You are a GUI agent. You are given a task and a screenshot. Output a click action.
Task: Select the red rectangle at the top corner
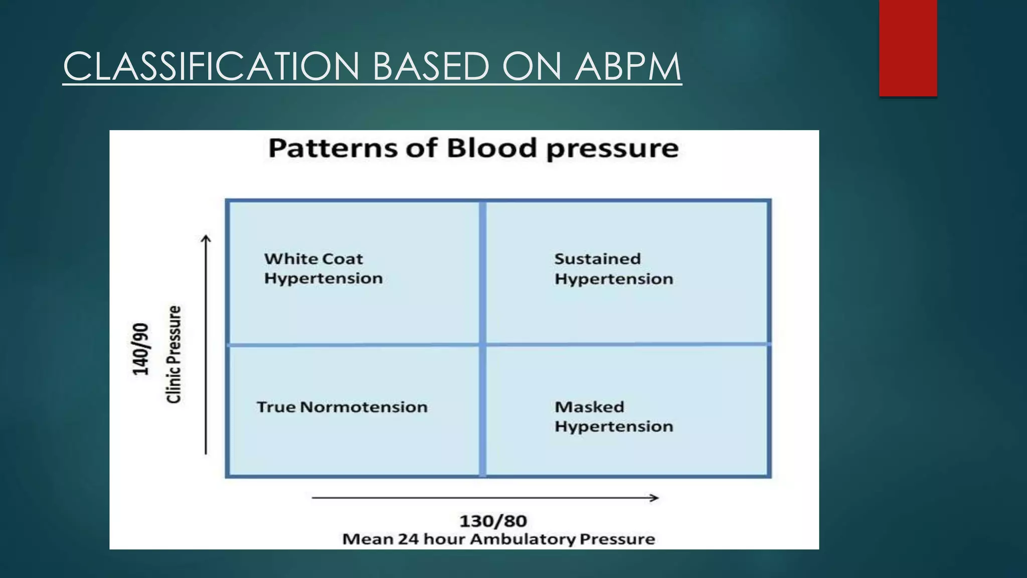pyautogui.click(x=908, y=48)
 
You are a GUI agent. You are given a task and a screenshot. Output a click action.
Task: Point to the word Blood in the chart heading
pyautogui.click(x=491, y=149)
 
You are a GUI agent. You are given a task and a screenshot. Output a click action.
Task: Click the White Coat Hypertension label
pyautogui.click(x=323, y=268)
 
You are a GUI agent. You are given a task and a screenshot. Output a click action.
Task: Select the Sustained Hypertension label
pyautogui.click(x=613, y=269)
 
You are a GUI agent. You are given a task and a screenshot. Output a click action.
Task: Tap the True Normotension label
pyautogui.click(x=342, y=407)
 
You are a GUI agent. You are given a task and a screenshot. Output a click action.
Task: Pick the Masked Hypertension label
pyautogui.click(x=613, y=416)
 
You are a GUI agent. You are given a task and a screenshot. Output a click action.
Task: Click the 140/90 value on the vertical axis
pyautogui.click(x=141, y=349)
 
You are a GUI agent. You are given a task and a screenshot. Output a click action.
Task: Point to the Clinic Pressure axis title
pyautogui.click(x=174, y=354)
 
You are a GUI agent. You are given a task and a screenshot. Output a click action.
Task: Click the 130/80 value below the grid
pyautogui.click(x=493, y=521)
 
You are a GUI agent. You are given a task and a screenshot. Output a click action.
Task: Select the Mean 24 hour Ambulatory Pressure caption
pyautogui.click(x=498, y=539)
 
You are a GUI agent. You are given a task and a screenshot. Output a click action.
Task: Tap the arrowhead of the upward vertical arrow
pyautogui.click(x=206, y=238)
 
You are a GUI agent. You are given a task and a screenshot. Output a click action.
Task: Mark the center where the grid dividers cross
pyautogui.click(x=482, y=345)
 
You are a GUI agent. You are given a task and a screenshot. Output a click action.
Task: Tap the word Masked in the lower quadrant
pyautogui.click(x=589, y=407)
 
